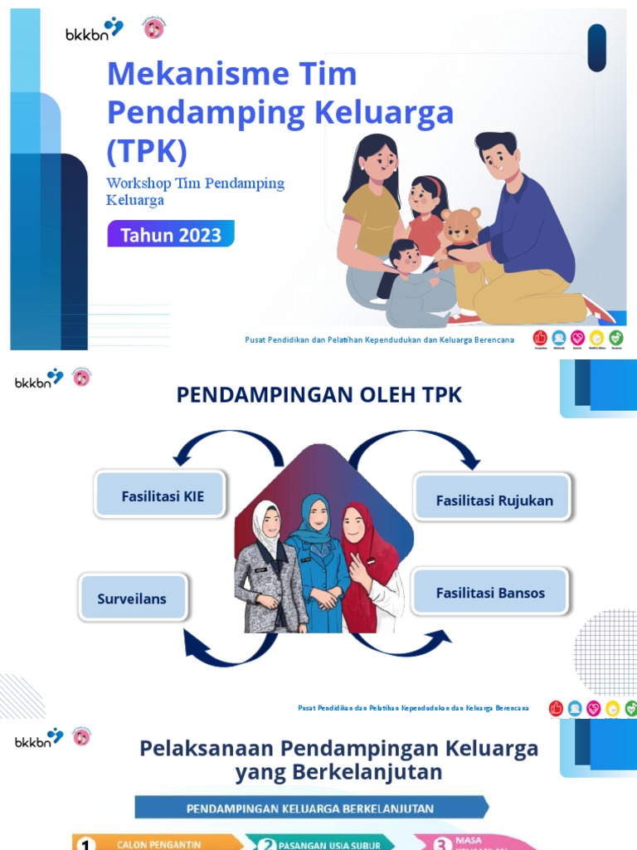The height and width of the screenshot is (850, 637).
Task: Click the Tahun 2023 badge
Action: [x=170, y=234]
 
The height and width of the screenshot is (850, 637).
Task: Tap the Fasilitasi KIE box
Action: [x=162, y=496]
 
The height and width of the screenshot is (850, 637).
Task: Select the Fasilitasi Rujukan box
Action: [x=494, y=500]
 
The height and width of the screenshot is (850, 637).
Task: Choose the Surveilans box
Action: [x=132, y=598]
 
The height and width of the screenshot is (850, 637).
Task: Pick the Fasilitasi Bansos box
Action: [x=490, y=593]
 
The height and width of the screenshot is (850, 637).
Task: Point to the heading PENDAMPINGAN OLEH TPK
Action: [x=318, y=396]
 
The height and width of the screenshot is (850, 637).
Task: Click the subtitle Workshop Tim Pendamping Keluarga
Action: [x=195, y=191]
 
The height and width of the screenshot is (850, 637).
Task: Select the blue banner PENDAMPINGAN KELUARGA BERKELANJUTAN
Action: [x=310, y=807]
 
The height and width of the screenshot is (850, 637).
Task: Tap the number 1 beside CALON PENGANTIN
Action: [x=84, y=843]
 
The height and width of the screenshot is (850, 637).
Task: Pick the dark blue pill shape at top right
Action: [x=596, y=47]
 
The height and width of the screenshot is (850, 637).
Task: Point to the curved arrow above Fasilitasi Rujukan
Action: [x=415, y=448]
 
